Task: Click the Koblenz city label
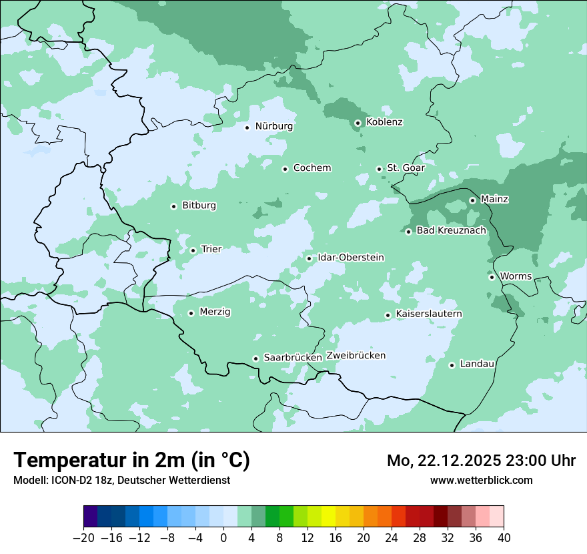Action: (x=384, y=122)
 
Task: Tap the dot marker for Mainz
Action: (x=472, y=200)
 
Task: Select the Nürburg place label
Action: (x=273, y=126)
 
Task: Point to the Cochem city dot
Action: (x=285, y=169)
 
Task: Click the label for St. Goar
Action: (x=406, y=168)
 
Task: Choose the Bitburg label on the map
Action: (x=199, y=206)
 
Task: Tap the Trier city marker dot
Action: (x=193, y=250)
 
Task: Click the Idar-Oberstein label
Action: (x=351, y=258)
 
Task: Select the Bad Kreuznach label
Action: (x=451, y=231)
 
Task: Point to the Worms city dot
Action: (x=492, y=277)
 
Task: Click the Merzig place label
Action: (x=215, y=312)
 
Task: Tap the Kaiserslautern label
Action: (x=428, y=314)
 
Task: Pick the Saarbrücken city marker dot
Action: (x=255, y=358)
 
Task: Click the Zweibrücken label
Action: (x=356, y=356)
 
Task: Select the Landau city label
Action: (x=477, y=364)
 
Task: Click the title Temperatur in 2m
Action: (x=131, y=461)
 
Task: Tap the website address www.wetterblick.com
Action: (x=481, y=481)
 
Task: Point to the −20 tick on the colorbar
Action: (x=84, y=538)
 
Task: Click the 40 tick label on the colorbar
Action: (x=504, y=538)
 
